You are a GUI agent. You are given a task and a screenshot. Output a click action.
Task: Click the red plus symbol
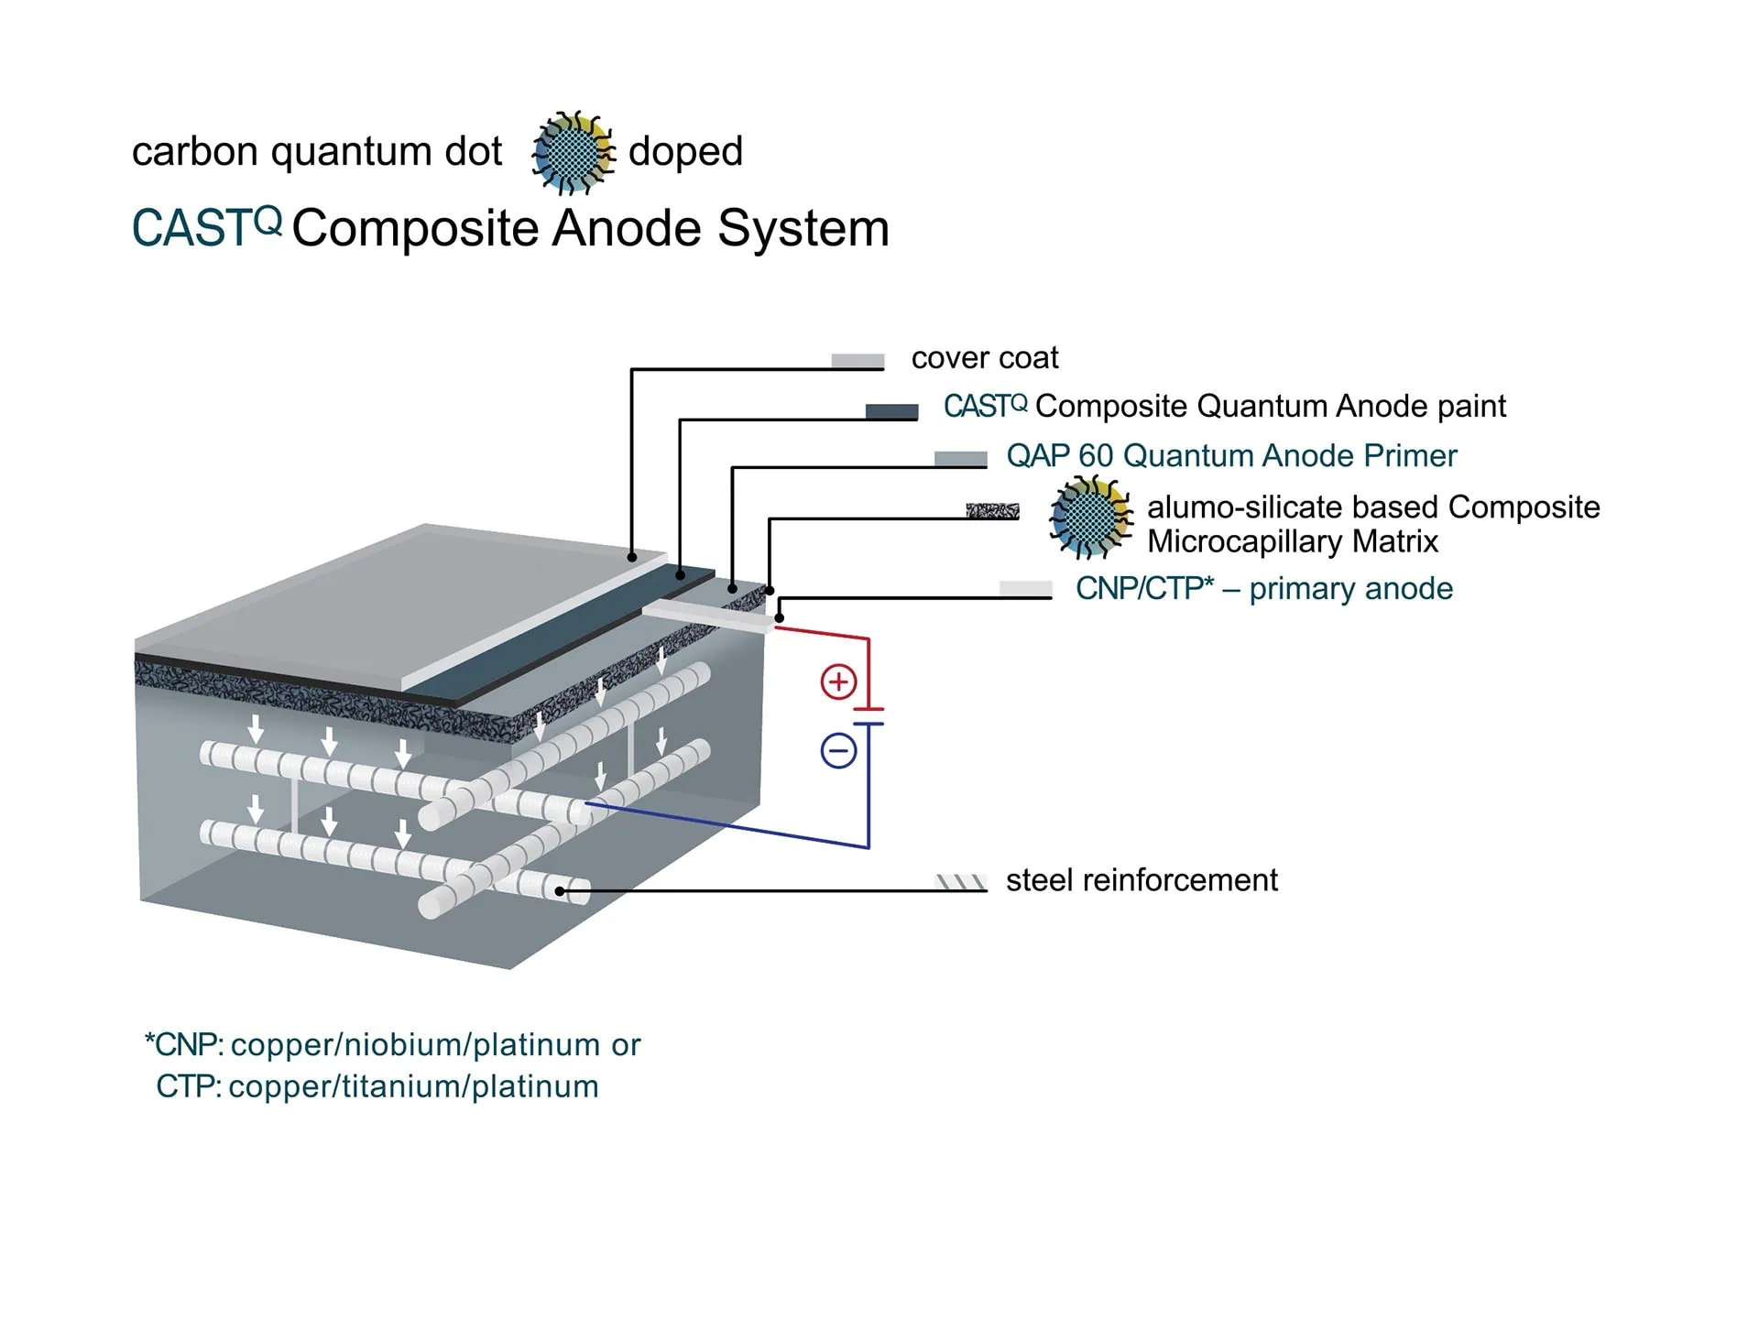(x=838, y=682)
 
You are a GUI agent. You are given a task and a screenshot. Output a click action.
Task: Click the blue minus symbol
(x=838, y=751)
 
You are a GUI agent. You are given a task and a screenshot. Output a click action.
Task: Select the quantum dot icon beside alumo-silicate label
(x=1090, y=517)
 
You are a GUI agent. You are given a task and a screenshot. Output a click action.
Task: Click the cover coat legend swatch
(x=858, y=361)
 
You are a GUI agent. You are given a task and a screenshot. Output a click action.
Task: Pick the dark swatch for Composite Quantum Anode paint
(x=891, y=411)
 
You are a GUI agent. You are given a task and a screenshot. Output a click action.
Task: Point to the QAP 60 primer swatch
(x=960, y=459)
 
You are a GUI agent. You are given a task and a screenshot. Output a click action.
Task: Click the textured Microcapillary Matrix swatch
(x=992, y=510)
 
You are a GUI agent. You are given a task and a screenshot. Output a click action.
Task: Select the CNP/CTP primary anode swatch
(x=1025, y=589)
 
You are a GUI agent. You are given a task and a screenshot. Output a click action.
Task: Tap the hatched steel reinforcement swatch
(x=960, y=882)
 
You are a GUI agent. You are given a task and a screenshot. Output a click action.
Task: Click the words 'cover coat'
(x=985, y=358)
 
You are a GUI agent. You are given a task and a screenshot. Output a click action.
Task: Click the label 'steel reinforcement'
(x=1142, y=880)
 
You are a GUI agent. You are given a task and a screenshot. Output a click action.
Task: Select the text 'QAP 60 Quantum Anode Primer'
(x=1231, y=456)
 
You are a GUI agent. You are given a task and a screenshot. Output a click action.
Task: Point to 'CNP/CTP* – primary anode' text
(x=1264, y=589)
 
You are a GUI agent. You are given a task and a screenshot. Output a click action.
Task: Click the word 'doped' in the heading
(x=685, y=152)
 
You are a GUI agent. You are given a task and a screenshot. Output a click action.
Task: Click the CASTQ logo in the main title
(x=206, y=227)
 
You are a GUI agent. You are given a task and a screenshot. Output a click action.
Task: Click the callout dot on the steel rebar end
(x=560, y=890)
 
